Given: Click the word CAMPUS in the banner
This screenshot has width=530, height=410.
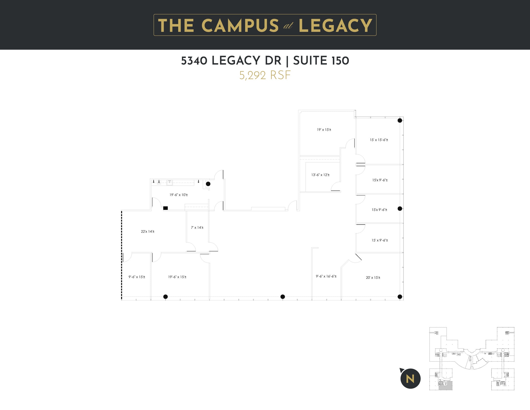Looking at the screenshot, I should click(240, 25).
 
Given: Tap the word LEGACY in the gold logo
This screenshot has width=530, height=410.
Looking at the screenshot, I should click(335, 25).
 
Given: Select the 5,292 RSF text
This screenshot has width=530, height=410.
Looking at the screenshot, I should click(265, 75).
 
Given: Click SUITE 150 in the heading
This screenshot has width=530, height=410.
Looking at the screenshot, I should click(321, 61).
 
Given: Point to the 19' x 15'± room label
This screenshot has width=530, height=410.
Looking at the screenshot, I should click(324, 130).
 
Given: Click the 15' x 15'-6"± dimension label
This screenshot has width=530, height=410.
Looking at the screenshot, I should click(379, 140).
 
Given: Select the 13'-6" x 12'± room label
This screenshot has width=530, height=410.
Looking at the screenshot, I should click(320, 175).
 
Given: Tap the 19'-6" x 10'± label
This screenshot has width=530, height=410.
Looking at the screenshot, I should click(179, 195).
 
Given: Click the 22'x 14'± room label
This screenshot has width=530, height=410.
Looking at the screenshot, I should click(148, 232).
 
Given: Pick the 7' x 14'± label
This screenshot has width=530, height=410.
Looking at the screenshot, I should click(197, 228).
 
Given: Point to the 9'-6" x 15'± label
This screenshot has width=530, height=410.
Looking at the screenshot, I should click(137, 277).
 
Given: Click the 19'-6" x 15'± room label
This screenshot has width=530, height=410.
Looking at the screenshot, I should click(177, 277).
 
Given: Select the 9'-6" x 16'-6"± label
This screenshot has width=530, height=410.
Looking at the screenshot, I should click(326, 276).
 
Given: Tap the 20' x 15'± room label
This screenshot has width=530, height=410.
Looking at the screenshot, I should click(373, 278).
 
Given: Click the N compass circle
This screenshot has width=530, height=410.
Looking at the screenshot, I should click(410, 379).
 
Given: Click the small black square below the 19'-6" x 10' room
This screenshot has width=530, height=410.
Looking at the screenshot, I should click(165, 208).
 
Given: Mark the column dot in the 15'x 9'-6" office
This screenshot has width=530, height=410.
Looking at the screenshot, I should click(400, 208).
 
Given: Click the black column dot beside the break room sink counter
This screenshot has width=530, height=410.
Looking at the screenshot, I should click(208, 184).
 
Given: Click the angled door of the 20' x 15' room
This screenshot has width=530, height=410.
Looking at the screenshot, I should click(358, 257).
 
